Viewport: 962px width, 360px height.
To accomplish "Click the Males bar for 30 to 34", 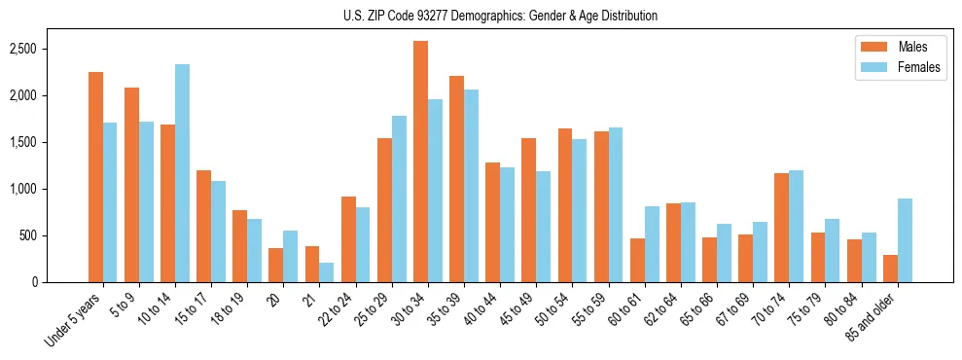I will tap(420, 162).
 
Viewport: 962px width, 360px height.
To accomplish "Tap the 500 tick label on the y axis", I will tap(54, 235).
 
